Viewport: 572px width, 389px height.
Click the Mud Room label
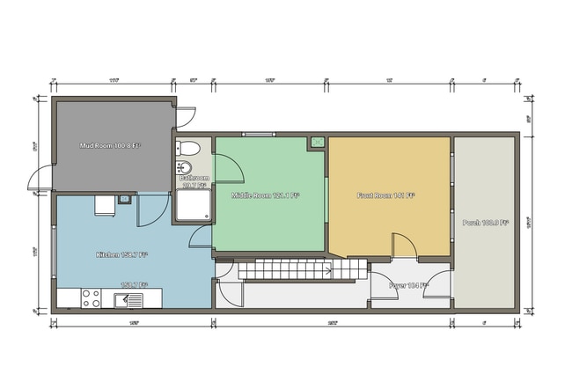click(x=110, y=145)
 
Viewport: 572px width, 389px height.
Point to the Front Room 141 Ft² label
click(x=386, y=194)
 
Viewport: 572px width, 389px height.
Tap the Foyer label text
click(x=408, y=285)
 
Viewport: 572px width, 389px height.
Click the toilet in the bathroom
click(x=185, y=147)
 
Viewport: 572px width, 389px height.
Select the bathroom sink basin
click(x=185, y=167)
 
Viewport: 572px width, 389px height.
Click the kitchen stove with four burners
click(x=92, y=299)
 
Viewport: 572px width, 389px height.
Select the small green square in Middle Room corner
click(x=317, y=142)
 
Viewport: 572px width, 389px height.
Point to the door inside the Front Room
click(x=401, y=247)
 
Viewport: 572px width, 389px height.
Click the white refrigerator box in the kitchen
click(x=105, y=205)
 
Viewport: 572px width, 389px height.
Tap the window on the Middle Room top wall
click(x=259, y=134)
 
